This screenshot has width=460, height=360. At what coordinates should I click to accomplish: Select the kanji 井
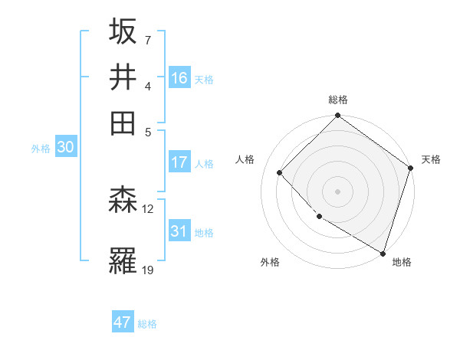click(123, 77)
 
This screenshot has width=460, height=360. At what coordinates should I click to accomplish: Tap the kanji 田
click(123, 123)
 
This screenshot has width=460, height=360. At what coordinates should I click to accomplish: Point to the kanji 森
click(123, 201)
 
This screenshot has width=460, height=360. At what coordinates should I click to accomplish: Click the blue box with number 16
click(179, 77)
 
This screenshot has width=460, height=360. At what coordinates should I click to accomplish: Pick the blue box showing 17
click(179, 162)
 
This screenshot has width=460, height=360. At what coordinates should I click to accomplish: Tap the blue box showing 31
click(179, 231)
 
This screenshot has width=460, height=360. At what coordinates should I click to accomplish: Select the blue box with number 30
click(65, 148)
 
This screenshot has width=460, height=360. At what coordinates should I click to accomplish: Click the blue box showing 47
click(123, 322)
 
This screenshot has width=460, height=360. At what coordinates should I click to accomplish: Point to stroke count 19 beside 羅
click(148, 269)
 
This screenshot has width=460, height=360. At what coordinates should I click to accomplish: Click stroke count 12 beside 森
click(148, 208)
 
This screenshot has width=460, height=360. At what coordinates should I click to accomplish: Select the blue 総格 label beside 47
click(147, 324)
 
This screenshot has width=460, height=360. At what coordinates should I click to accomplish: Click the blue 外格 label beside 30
click(40, 149)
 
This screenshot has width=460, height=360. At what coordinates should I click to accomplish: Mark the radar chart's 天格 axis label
click(431, 159)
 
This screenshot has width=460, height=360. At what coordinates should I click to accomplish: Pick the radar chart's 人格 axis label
click(245, 159)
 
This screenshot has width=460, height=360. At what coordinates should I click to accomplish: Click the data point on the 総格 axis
click(337, 116)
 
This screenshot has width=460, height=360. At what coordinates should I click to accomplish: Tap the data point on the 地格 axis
click(383, 252)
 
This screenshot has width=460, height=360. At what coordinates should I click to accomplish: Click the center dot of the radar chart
click(337, 191)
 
